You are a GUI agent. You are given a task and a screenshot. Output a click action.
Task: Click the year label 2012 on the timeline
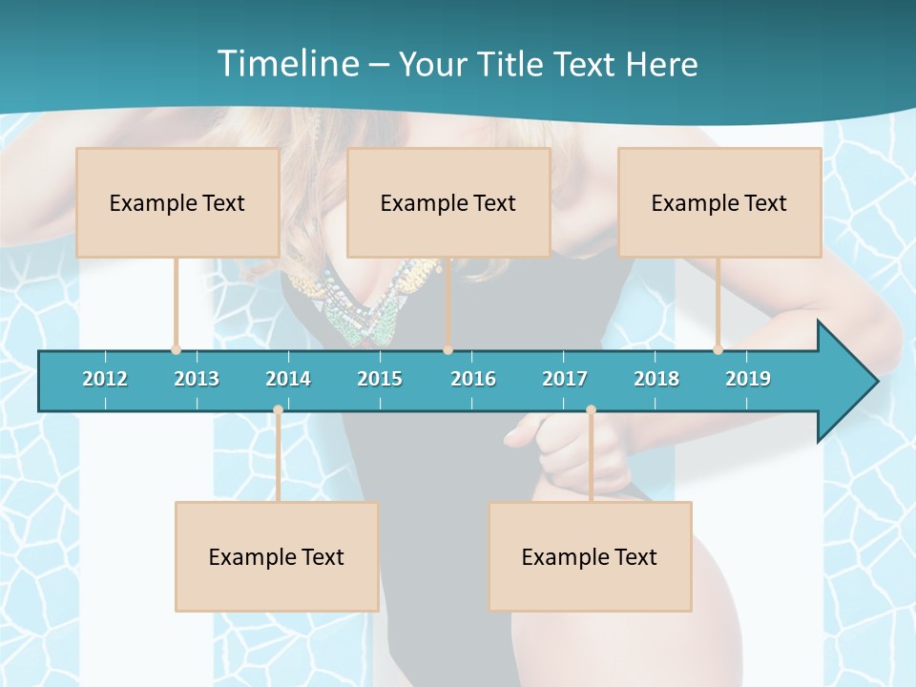pos(105,379)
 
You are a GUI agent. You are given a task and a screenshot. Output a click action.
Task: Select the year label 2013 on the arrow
pos(197,379)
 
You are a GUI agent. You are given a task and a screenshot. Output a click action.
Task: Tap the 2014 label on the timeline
pos(288,379)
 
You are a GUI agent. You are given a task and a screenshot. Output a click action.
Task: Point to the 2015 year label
pos(380,379)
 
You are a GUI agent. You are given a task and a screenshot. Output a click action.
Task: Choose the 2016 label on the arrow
pos(473,379)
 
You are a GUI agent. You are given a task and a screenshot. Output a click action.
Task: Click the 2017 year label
pos(565,379)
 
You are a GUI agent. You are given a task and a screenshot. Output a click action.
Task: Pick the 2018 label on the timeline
pos(656,379)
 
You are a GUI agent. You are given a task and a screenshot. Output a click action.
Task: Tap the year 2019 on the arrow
pos(748,379)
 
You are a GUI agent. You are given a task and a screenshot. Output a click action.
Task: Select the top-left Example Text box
pos(177,202)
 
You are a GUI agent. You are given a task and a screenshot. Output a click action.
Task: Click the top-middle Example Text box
pos(448,202)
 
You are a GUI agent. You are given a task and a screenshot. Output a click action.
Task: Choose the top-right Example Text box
pos(719,202)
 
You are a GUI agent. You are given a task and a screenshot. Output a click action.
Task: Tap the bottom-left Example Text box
pos(277,556)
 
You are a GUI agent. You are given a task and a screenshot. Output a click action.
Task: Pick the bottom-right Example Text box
pos(590,556)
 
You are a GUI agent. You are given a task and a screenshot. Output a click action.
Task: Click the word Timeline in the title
pos(288,64)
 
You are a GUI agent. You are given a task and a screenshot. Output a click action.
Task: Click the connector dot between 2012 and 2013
pos(176,350)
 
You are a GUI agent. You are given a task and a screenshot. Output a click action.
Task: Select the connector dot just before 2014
pos(278,410)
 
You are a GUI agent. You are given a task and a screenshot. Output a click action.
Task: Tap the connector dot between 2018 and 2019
pos(718,350)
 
